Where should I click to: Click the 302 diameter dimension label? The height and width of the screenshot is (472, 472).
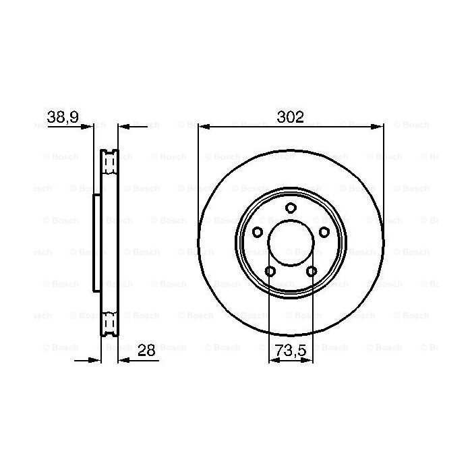(291, 117)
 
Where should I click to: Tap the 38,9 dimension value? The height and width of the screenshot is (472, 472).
(63, 117)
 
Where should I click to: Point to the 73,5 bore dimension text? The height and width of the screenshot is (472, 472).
(291, 350)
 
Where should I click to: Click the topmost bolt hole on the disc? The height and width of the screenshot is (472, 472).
(291, 208)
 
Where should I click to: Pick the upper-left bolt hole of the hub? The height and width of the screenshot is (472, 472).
(257, 232)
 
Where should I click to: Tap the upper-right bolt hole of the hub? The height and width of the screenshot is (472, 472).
(324, 232)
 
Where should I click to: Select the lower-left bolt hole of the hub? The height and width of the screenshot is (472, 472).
(270, 271)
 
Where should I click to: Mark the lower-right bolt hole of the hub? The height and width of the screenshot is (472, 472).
(312, 271)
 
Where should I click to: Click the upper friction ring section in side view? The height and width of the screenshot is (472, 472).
(109, 165)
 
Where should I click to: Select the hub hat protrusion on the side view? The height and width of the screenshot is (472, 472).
(96, 243)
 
